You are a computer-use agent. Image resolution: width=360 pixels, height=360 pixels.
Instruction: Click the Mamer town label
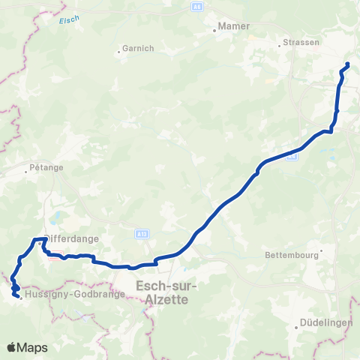[x=229, y=27]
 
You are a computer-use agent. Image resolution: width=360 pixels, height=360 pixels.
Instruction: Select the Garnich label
[x=139, y=49]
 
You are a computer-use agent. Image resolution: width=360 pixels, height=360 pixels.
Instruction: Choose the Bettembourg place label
[x=292, y=255]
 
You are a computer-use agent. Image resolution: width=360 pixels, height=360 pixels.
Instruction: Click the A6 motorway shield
[x=196, y=6]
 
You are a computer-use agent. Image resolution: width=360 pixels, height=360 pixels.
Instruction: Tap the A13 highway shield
[x=141, y=234]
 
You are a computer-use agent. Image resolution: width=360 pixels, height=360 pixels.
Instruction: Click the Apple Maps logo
[x=27, y=347]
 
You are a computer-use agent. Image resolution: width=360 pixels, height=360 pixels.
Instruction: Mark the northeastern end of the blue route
[x=347, y=64]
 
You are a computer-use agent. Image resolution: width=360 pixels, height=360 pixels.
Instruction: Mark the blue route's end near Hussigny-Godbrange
[x=17, y=296]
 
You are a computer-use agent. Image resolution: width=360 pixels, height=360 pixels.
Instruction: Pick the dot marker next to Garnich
[x=118, y=52]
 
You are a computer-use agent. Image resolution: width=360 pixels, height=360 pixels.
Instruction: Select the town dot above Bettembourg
[x=321, y=250]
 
